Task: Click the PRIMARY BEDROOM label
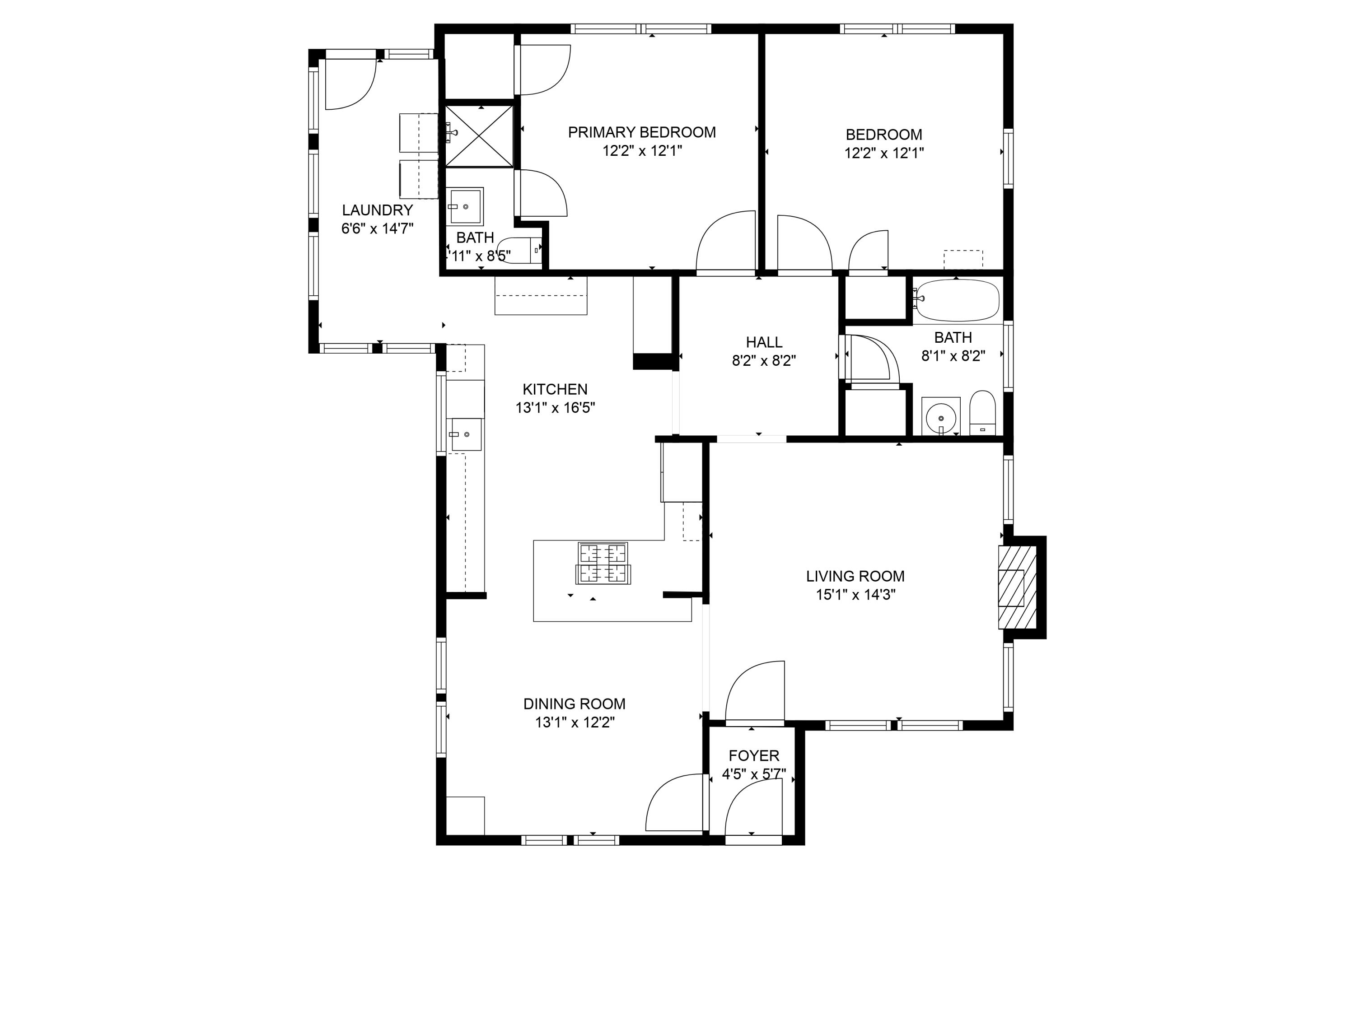click(641, 132)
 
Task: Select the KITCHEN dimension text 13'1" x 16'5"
click(555, 408)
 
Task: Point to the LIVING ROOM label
click(855, 576)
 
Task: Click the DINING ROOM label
click(574, 704)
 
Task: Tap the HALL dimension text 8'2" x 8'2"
click(763, 361)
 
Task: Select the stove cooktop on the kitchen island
click(603, 563)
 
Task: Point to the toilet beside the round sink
click(982, 413)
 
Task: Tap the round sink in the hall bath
click(940, 417)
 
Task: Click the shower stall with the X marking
click(479, 136)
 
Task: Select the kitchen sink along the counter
click(466, 434)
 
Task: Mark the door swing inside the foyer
click(752, 808)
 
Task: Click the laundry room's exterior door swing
click(349, 84)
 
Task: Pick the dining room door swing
click(674, 803)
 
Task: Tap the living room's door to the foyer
click(755, 691)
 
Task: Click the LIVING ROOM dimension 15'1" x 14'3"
click(855, 595)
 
